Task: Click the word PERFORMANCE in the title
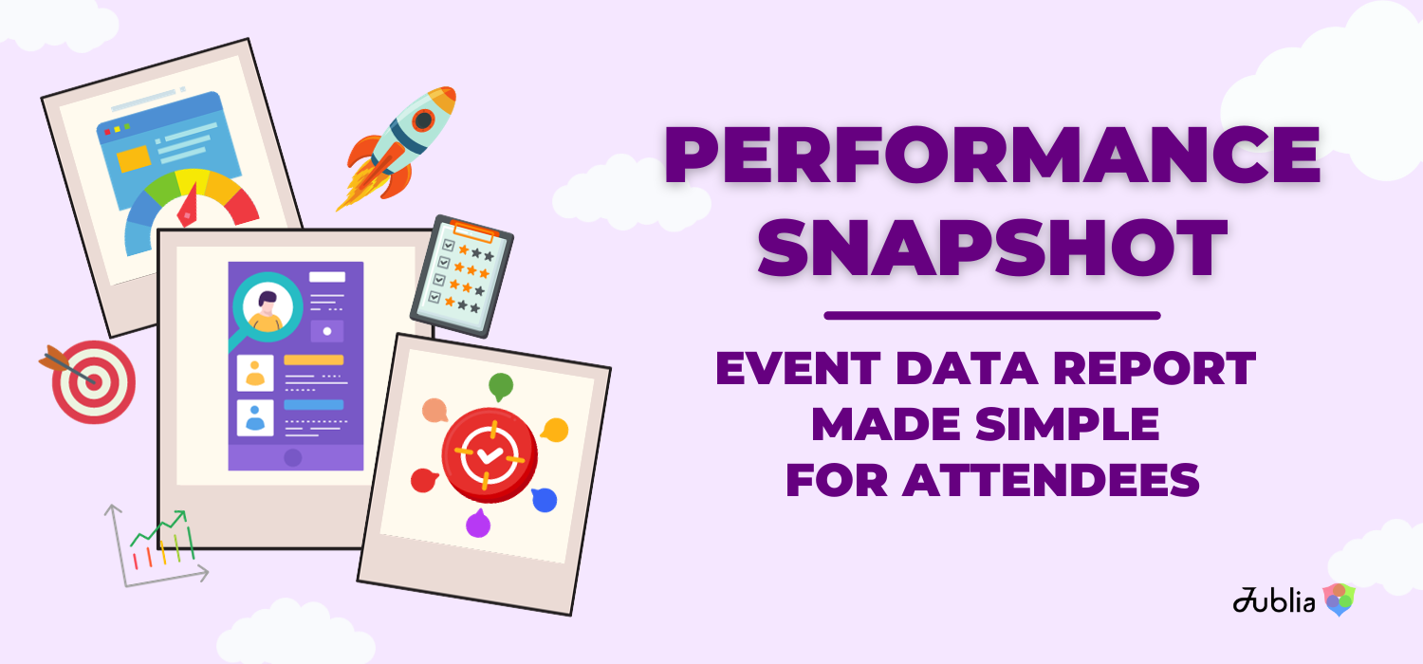pyautogui.click(x=991, y=156)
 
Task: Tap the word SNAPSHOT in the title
pyautogui.click(x=991, y=245)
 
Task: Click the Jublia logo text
pyautogui.click(x=1274, y=599)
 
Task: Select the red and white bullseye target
pyautogui.click(x=92, y=380)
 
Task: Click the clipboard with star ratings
pyautogui.click(x=462, y=274)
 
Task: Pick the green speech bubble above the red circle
pyautogui.click(x=500, y=386)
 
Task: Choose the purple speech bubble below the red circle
pyautogui.click(x=477, y=523)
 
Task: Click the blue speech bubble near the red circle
pyautogui.click(x=544, y=499)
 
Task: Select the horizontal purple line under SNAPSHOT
pyautogui.click(x=991, y=315)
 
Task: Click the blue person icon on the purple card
pyautogui.click(x=254, y=417)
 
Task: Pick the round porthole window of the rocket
pyautogui.click(x=424, y=120)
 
